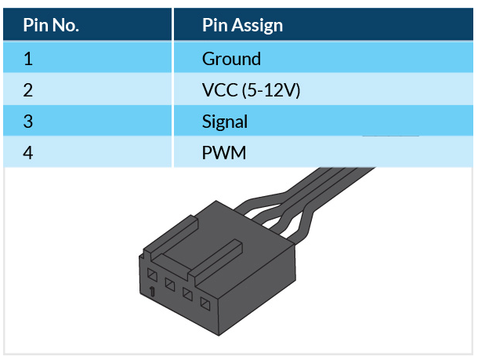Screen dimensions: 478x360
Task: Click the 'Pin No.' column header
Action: coord(51,25)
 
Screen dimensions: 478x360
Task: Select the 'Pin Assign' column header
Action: coord(242,25)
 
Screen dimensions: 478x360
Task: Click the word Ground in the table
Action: coord(231,59)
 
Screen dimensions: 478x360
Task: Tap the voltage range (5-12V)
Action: coord(271,91)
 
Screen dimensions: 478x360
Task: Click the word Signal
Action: coord(225,122)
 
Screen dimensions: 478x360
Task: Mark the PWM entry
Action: coord(224,152)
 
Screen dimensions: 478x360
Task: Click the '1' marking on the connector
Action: coord(152,292)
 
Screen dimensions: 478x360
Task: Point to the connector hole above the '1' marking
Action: coord(152,275)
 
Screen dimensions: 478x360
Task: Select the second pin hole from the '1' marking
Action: coord(170,285)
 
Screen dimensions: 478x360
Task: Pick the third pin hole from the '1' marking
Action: coord(187,294)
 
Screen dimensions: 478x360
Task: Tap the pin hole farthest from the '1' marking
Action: coord(205,304)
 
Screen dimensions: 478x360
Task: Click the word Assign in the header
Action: coord(257,26)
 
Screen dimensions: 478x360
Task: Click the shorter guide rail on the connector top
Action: coord(171,235)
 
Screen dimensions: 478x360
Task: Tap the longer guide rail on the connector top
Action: coord(215,260)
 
